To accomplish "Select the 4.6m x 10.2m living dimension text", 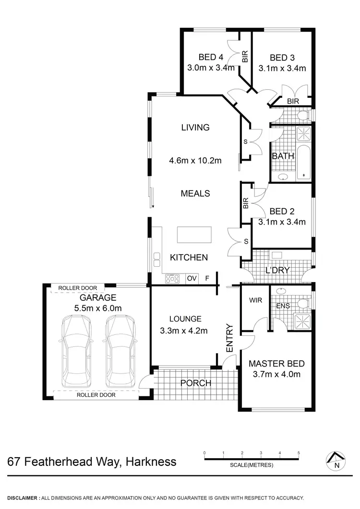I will click(195, 161).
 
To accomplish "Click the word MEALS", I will click(195, 193).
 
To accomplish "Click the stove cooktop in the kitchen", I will click(172, 278).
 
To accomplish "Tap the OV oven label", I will click(192, 278).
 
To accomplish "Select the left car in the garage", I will click(76, 351).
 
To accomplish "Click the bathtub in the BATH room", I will click(304, 164).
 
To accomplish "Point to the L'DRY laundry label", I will click(277, 271).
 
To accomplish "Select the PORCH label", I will click(196, 383).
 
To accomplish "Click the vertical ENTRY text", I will click(229, 339).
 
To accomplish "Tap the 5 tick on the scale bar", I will click(299, 453).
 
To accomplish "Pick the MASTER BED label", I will click(276, 363).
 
